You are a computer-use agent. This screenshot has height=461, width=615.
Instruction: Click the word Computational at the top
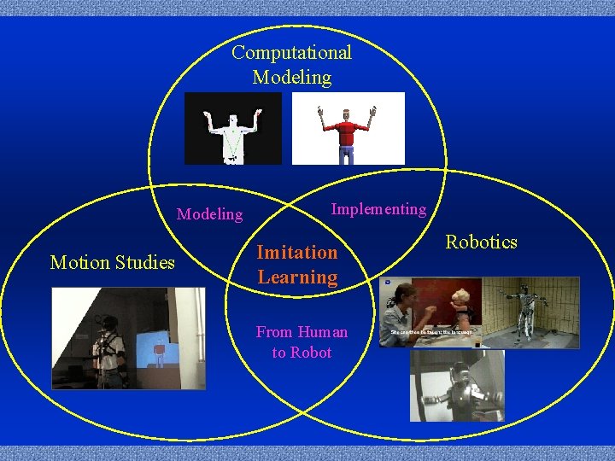291,53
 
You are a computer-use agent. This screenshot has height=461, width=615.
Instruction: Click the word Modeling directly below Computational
291,78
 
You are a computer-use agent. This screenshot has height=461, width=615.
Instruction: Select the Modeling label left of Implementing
209,214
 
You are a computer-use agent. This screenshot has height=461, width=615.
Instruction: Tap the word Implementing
378,209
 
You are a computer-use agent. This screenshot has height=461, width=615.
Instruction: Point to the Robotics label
481,242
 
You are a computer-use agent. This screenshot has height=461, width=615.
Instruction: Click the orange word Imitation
297,252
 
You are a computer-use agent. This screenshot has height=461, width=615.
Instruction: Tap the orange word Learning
297,277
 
